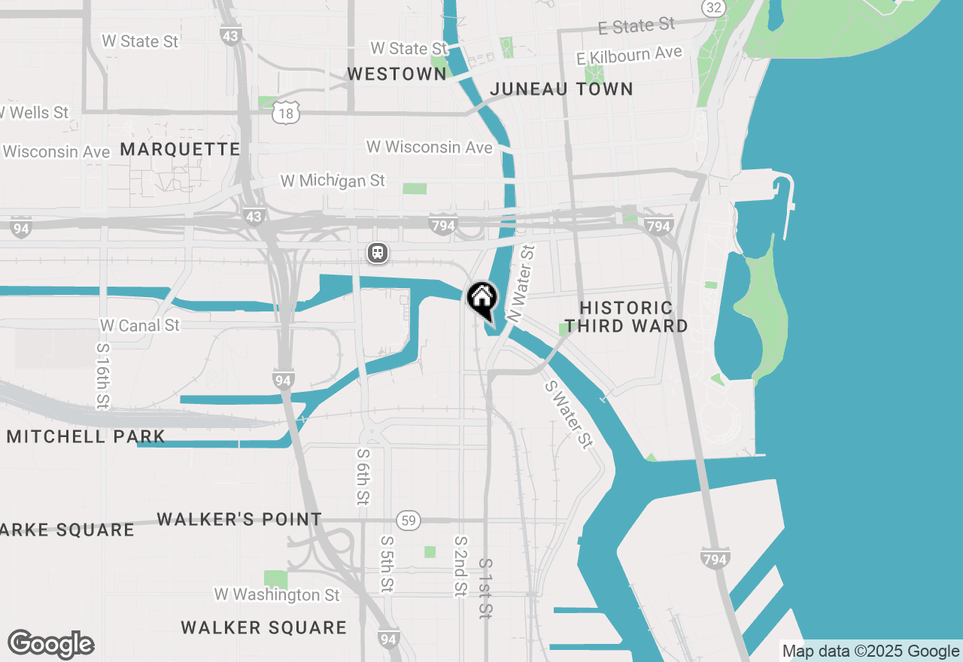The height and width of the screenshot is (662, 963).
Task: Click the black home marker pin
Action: (481, 299)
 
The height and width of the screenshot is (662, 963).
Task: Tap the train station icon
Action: (378, 253)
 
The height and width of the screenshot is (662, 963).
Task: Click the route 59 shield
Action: (409, 521)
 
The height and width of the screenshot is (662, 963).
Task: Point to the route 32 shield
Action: (714, 8)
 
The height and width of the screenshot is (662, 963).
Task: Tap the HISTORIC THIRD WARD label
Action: (626, 317)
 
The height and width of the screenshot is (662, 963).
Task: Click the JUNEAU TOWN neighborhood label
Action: (561, 89)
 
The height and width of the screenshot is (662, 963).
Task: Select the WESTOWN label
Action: (397, 74)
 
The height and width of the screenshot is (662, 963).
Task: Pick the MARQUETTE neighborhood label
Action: (180, 149)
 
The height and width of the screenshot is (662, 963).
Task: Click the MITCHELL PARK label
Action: (86, 436)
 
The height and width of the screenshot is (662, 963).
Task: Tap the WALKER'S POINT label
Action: (239, 519)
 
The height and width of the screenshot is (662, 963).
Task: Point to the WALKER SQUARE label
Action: (264, 627)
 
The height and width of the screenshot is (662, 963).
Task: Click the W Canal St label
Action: (140, 326)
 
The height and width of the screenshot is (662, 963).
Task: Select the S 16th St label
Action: (103, 376)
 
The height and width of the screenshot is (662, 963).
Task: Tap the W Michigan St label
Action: (333, 181)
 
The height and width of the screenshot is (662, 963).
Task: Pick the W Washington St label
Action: (277, 594)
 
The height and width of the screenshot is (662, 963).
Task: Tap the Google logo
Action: (50, 645)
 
